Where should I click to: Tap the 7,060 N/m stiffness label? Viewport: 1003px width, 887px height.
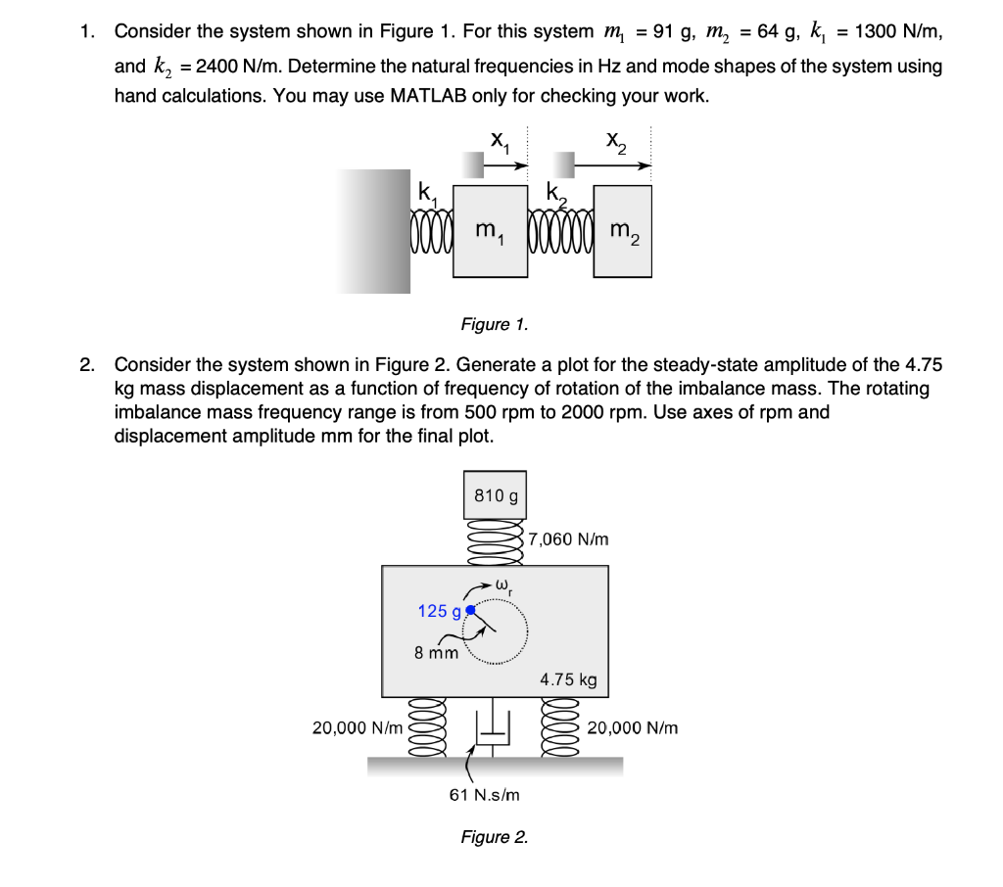click(x=568, y=539)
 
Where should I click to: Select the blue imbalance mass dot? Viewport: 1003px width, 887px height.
click(x=471, y=610)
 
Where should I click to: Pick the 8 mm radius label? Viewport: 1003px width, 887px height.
click(x=436, y=653)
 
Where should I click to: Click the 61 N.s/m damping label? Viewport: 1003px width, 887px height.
click(x=484, y=795)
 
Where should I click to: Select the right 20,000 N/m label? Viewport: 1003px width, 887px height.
click(x=633, y=727)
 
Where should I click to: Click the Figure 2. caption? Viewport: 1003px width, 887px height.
click(x=494, y=837)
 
